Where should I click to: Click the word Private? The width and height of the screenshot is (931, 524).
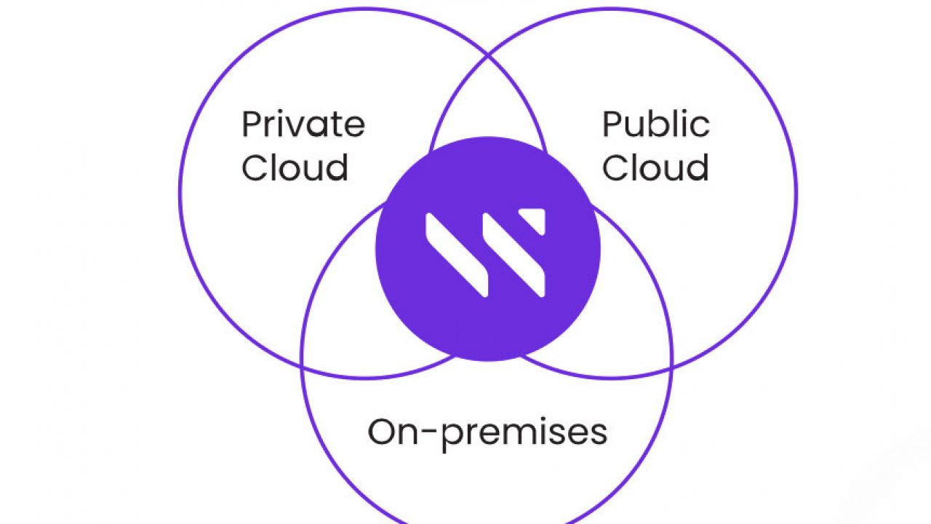tap(303, 124)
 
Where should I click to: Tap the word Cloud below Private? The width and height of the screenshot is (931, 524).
tap(295, 167)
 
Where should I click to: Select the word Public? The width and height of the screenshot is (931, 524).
tap(656, 124)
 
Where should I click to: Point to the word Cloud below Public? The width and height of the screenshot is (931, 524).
tap(655, 167)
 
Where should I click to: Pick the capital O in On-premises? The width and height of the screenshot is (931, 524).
tap(380, 432)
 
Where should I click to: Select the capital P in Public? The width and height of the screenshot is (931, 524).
tap(612, 124)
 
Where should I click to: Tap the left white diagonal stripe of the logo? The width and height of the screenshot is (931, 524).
tap(456, 255)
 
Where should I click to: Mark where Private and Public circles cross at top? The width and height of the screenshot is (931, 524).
tap(488, 55)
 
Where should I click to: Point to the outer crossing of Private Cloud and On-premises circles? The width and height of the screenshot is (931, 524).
tap(301, 368)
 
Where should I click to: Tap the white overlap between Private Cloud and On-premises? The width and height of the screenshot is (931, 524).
tap(345, 299)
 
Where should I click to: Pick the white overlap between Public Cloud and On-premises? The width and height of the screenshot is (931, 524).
tap(630, 299)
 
